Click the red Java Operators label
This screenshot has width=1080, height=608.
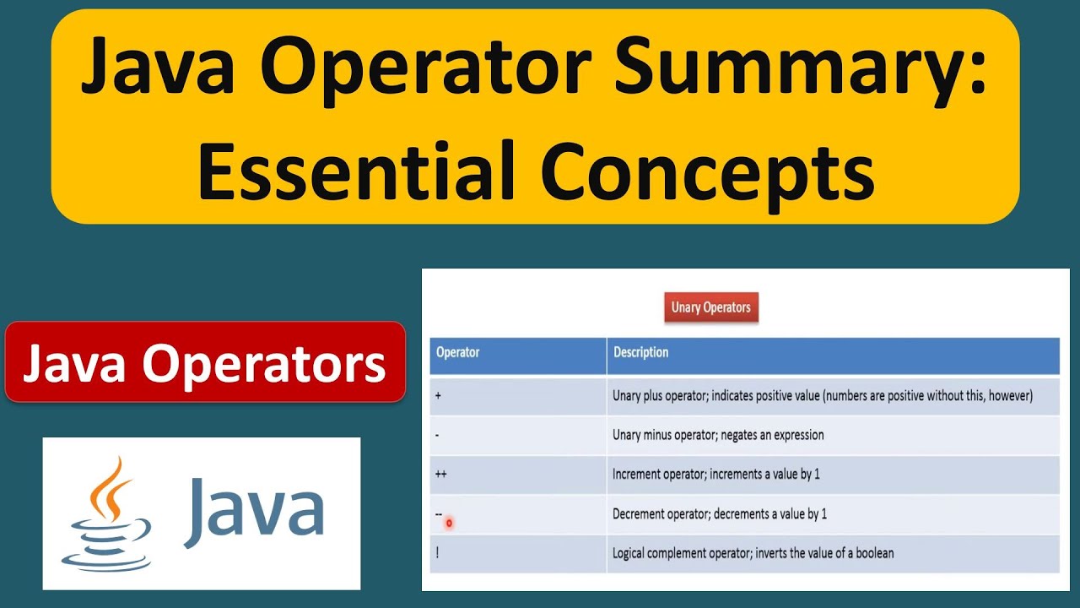click(x=205, y=362)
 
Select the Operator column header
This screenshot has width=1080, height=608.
click(x=457, y=353)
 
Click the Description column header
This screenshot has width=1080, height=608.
click(x=640, y=353)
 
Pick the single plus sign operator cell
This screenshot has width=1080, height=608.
click(x=439, y=395)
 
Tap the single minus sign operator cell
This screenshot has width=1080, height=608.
click(x=438, y=435)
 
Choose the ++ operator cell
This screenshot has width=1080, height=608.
click(x=440, y=475)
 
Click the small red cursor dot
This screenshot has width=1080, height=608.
click(x=449, y=524)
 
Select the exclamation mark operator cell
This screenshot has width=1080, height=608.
click(x=437, y=554)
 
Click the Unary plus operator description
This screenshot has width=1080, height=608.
click(x=822, y=395)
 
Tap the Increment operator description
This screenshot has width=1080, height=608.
click(x=715, y=475)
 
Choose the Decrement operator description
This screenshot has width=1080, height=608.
click(x=719, y=514)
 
